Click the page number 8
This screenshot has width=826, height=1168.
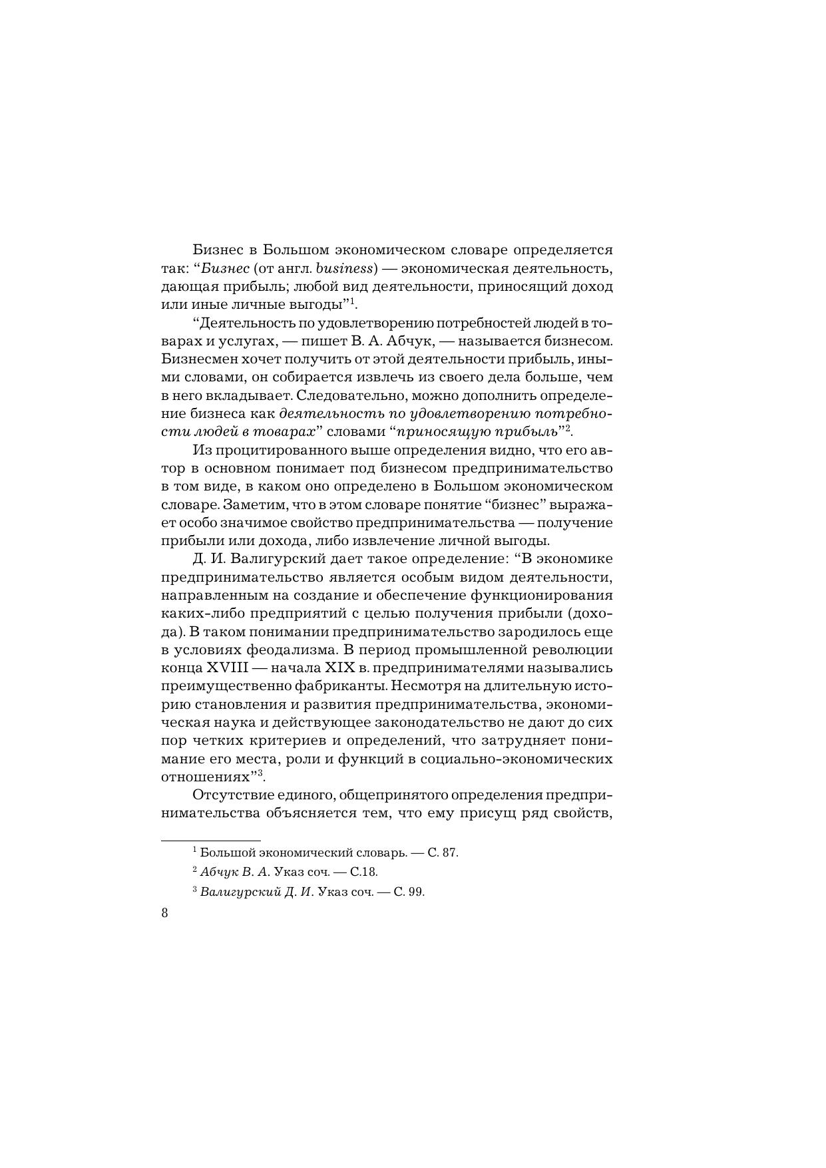165,912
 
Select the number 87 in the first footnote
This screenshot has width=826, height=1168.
451,853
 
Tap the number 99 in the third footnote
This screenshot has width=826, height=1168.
417,892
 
